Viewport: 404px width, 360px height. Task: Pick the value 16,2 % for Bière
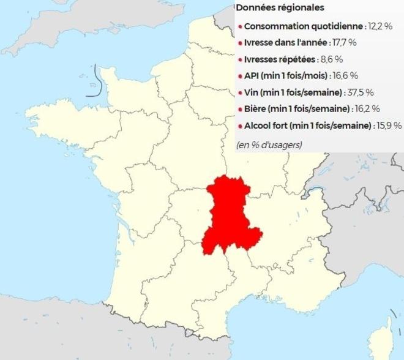(367, 109)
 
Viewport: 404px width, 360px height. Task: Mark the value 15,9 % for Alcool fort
(389, 126)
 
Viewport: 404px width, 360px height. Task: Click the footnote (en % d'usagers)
(269, 145)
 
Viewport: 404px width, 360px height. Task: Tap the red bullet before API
(240, 77)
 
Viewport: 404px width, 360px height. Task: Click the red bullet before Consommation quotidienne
(240, 28)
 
